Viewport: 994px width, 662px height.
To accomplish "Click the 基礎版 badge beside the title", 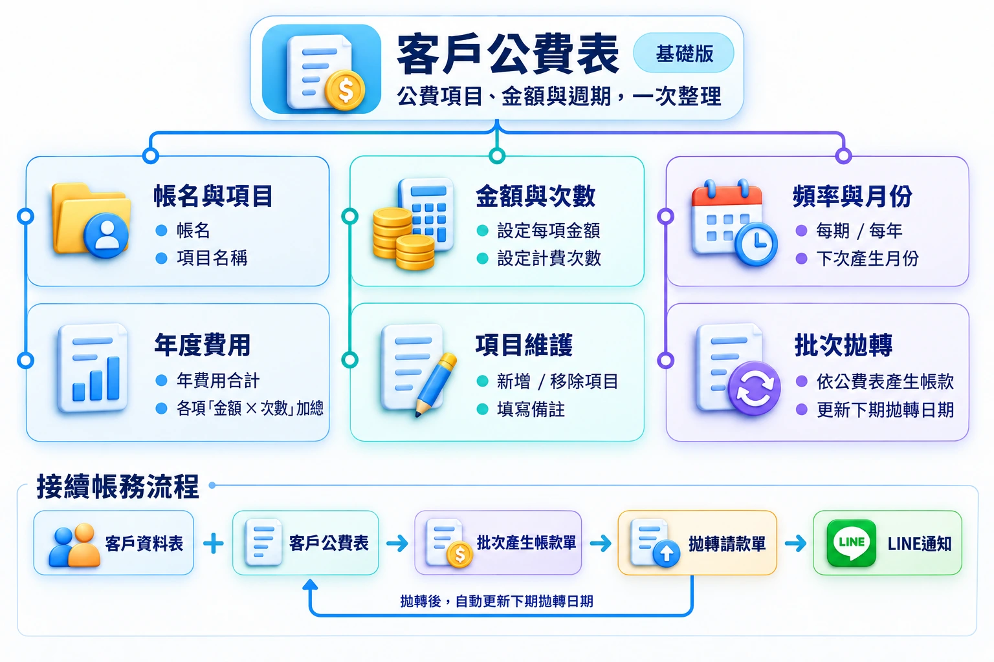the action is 683,53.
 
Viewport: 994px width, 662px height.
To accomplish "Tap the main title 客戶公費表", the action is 507,54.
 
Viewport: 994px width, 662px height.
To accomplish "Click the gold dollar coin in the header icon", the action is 345,90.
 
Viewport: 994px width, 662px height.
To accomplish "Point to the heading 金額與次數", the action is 535,197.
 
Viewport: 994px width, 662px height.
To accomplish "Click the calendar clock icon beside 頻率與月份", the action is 734,222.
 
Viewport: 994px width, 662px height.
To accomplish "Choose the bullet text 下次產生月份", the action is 868,259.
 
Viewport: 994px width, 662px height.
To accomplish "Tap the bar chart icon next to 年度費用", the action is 93,368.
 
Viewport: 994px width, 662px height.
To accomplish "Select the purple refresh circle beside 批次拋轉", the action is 754,389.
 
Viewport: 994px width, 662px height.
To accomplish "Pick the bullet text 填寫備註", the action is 531,409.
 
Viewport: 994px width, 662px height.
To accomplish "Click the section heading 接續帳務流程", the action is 118,486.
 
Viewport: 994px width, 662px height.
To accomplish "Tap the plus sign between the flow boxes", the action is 214,543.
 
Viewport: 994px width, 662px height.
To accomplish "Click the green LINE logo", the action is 852,543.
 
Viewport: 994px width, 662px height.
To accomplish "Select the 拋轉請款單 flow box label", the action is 727,544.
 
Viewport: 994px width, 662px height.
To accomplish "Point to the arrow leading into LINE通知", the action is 795,543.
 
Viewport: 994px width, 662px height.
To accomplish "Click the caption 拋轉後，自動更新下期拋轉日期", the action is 496,601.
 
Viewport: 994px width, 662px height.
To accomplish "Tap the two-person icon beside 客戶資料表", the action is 74,545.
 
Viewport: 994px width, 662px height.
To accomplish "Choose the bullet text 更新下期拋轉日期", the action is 885,410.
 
